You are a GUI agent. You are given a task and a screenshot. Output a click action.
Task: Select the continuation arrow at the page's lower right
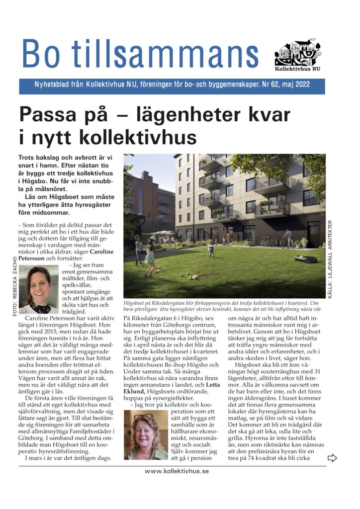tap(332, 458)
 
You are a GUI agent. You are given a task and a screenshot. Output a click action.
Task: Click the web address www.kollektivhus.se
tap(177, 471)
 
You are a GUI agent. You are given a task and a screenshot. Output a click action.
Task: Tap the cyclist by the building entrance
tap(287, 238)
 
